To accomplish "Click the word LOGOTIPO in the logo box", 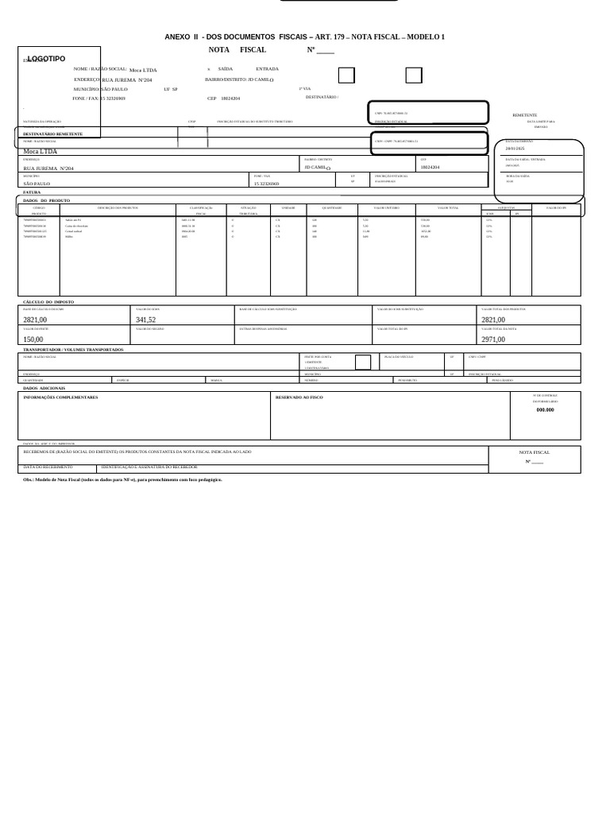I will pos(47,59).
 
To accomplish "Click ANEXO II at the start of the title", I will pos(182,37).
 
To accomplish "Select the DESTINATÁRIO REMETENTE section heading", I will pos(52,134).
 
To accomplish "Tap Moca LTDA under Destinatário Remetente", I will pos(40,151).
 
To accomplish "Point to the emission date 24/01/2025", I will pos(515,148).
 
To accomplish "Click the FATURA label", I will pos(32,192).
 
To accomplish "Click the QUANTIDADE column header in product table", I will pos(331,207).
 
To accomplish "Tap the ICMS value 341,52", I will pos(145,320).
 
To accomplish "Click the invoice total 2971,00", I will pos(492,339).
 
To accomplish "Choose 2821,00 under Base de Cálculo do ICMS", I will pos(35,320).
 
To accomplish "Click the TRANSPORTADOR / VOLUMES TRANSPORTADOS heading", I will pos(73,349).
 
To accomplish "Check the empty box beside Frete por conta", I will pos(362,362).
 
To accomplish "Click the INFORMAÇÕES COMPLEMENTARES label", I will pos(60,397).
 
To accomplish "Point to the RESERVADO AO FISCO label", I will pos(299,397).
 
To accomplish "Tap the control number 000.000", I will pos(545,409).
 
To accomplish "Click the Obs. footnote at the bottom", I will pos(122,479).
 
